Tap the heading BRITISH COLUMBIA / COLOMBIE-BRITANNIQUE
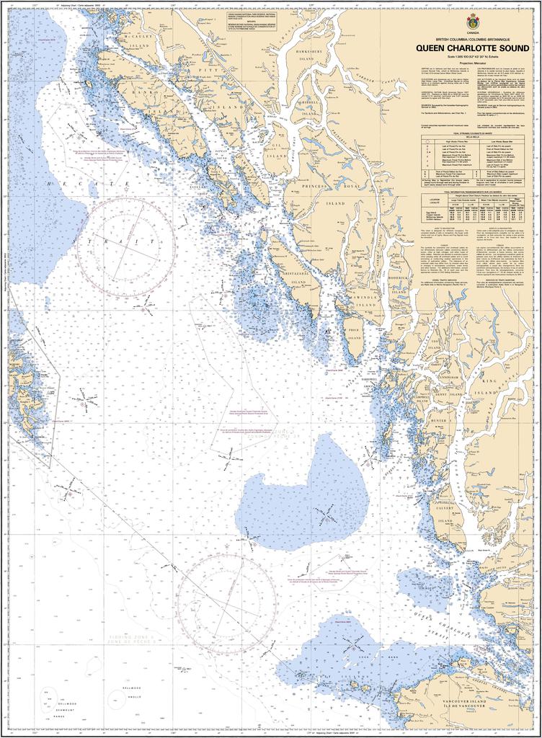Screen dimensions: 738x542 [474, 37]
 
